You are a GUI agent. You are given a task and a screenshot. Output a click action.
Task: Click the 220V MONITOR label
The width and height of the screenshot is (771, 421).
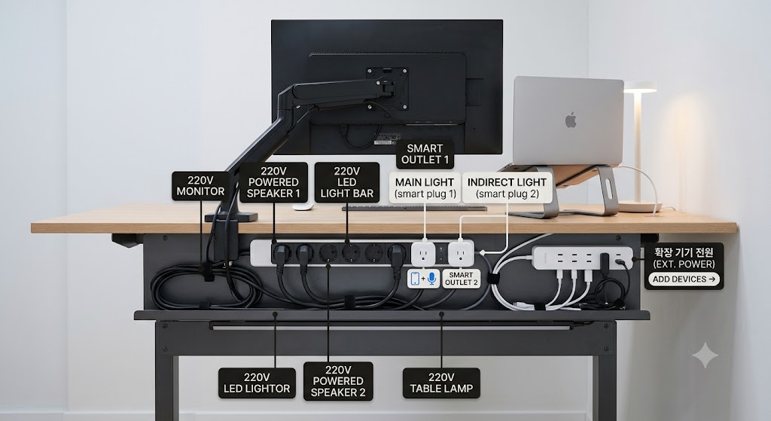(200, 186)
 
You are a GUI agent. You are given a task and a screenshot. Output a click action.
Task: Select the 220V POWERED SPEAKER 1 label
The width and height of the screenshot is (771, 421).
(273, 182)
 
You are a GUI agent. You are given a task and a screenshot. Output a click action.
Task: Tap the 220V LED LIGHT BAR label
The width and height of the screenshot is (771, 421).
(346, 182)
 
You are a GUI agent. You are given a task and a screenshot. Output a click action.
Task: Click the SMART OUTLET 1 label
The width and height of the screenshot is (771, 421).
(425, 154)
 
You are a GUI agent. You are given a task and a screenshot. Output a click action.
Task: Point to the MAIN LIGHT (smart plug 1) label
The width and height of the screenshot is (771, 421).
(425, 188)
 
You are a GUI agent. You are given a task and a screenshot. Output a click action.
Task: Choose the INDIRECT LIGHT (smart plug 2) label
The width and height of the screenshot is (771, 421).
(507, 188)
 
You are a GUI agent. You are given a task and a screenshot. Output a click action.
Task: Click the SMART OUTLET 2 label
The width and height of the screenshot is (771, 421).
(462, 279)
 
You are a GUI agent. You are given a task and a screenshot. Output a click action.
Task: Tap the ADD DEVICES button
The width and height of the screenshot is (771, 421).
(684, 279)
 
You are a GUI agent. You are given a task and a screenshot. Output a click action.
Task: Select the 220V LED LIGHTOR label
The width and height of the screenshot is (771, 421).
(257, 383)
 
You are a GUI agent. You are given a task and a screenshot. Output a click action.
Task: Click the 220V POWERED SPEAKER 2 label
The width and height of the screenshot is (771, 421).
(338, 381)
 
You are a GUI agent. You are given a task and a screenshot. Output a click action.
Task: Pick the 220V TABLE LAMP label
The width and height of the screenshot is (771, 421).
(441, 383)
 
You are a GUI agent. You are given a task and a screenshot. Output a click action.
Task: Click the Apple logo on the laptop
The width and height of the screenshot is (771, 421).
(571, 120)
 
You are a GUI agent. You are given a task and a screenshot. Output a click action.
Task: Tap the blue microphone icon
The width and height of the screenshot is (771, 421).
(431, 279)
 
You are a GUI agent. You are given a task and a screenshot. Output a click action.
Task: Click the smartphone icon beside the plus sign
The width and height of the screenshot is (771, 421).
(415, 279)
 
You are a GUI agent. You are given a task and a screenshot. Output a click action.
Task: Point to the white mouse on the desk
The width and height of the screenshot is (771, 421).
(303, 207)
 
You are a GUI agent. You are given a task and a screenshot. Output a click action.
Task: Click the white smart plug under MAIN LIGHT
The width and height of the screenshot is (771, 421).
(423, 253)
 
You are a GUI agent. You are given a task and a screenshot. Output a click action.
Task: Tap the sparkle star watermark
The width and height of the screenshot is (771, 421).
(705, 355)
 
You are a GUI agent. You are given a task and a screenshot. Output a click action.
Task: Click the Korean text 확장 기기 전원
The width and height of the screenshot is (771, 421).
(684, 252)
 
